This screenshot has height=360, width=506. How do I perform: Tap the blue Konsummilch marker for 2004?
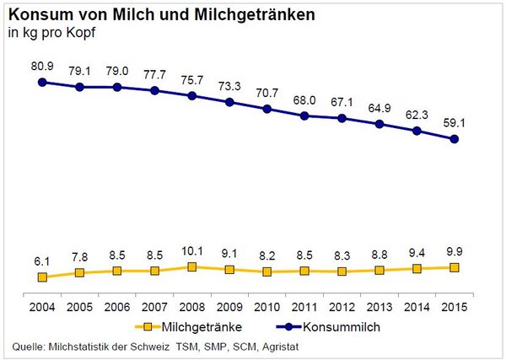pyautogui.click(x=41, y=82)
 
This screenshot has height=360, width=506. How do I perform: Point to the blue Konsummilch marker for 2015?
pyautogui.click(x=455, y=139)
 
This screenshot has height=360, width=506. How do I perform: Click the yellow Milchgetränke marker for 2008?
pyautogui.click(x=191, y=266)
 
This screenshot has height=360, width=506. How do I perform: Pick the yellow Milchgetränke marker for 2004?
pyautogui.click(x=41, y=277)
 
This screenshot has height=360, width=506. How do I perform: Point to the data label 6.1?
pyautogui.click(x=41, y=261)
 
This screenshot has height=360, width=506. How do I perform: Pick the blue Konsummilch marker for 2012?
pyautogui.click(x=342, y=118)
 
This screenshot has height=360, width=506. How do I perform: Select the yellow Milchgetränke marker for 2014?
pyautogui.click(x=417, y=268)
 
